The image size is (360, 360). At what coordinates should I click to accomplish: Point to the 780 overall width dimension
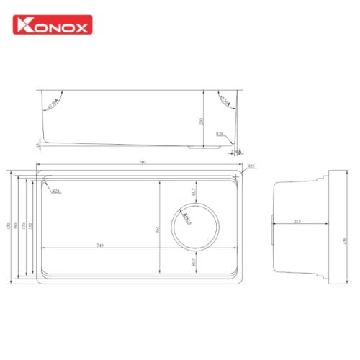click(142, 163)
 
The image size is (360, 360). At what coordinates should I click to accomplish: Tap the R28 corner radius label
click(55, 192)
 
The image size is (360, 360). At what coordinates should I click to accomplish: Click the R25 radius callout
click(250, 167)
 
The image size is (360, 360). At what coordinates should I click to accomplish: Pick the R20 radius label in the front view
click(220, 135)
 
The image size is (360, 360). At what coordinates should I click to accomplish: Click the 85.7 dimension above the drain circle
click(193, 192)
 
